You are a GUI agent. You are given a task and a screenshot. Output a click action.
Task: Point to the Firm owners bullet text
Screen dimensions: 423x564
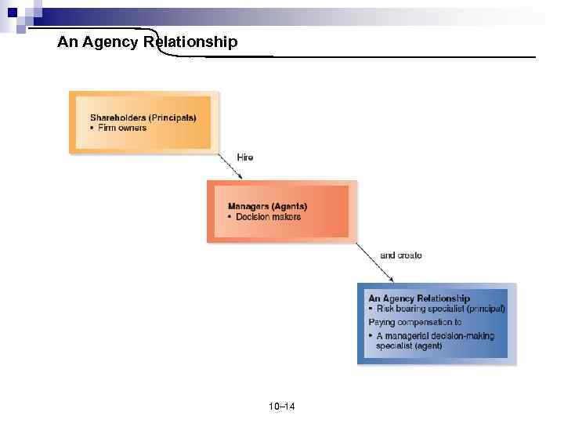[x=121, y=128]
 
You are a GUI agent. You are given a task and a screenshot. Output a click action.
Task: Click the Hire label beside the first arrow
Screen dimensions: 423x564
[x=245, y=157]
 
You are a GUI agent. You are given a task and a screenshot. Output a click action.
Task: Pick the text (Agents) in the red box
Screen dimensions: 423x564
[x=289, y=206]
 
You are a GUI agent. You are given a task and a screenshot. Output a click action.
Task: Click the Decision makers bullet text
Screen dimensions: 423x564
[x=267, y=217]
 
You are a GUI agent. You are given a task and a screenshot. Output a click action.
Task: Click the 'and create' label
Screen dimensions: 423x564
[x=401, y=255]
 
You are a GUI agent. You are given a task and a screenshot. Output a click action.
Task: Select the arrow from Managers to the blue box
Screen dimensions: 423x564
[x=375, y=262]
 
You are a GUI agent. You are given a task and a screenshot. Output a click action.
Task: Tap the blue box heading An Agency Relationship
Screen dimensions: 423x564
[x=419, y=298]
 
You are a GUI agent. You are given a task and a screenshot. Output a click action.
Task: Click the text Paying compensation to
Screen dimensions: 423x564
[x=415, y=322]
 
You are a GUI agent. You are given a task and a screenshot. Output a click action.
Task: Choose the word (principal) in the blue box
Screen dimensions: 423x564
[x=486, y=309]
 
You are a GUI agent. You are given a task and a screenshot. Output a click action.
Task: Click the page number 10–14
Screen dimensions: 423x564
[x=282, y=406]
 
